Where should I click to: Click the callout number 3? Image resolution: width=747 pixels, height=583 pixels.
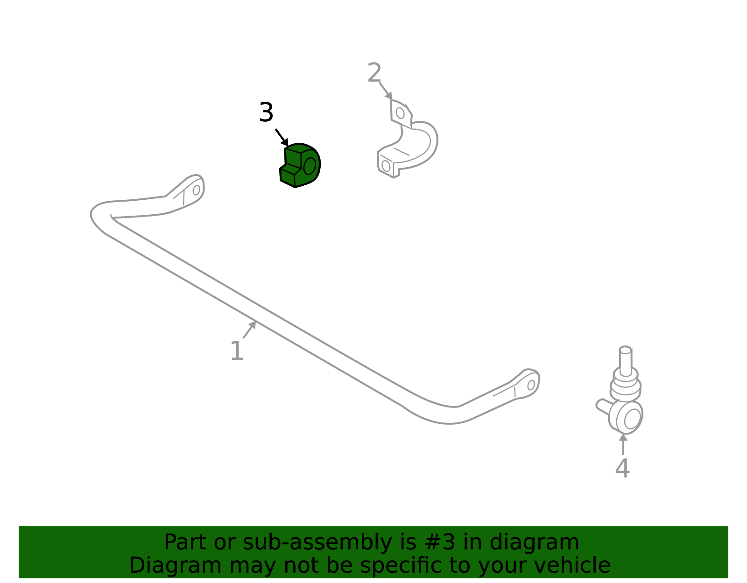266,112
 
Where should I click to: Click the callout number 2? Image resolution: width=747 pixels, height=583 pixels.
374,72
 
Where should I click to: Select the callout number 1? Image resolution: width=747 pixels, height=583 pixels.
237,351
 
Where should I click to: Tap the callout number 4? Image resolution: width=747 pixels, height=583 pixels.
622,468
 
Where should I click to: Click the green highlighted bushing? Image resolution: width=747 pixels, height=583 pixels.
300,165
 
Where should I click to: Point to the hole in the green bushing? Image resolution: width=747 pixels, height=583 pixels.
310,166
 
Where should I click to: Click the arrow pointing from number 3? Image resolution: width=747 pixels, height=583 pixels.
282,137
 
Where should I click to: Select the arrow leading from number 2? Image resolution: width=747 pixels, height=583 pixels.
385,91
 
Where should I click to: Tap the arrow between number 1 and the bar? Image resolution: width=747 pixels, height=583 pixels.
249,330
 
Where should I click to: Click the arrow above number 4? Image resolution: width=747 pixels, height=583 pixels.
623,444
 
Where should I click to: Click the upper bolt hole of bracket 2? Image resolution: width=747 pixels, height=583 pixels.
400,112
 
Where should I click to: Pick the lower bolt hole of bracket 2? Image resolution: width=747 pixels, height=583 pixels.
386,166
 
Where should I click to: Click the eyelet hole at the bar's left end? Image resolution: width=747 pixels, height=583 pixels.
196,190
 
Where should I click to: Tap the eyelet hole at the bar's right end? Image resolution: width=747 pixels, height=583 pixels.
531,385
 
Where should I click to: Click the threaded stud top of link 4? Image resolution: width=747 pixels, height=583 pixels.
625,350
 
